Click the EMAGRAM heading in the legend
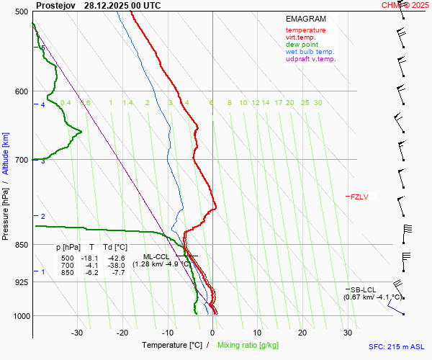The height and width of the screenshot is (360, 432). point(305,19)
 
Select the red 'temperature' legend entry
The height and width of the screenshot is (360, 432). point(305,30)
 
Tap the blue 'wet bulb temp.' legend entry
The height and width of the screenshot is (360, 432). point(310,52)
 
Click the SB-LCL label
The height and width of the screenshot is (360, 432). point(359,289)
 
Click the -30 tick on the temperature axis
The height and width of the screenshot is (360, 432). point(77,333)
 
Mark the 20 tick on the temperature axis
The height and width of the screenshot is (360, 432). point(302,333)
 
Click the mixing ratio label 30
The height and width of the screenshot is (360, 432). point(318,103)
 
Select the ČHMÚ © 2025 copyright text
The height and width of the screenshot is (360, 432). point(405,5)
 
